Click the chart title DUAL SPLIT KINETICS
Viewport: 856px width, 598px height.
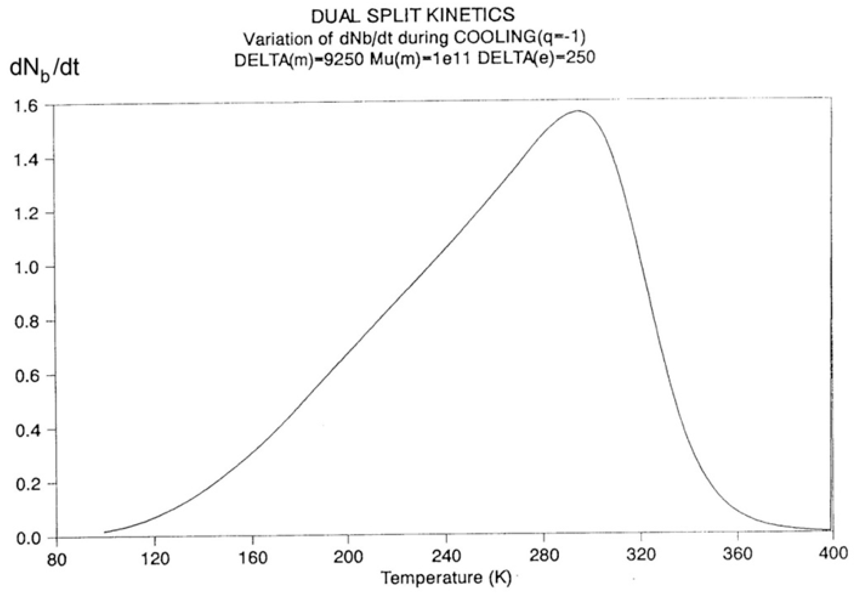(413, 16)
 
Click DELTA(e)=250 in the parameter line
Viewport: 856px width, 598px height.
(536, 58)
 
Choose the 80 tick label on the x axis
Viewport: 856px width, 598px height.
(57, 560)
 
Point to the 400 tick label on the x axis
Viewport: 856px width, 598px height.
(833, 554)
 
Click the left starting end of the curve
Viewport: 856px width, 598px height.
(106, 532)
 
